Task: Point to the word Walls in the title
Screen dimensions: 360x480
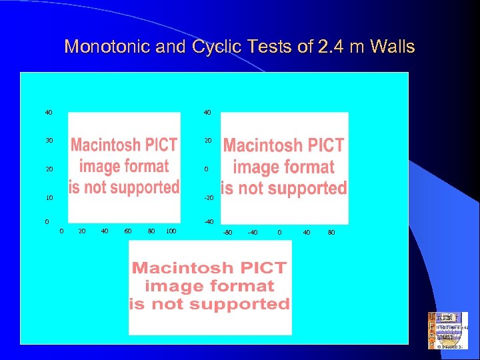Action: (x=392, y=47)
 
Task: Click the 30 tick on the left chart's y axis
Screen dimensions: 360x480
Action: (x=49, y=141)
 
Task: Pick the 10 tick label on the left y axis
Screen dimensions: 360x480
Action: (x=49, y=198)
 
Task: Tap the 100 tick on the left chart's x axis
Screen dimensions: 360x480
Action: (x=171, y=231)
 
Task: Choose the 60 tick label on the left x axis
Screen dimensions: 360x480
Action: (x=128, y=231)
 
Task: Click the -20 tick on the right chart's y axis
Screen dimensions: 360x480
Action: (x=209, y=198)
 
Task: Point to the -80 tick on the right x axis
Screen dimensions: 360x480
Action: (x=227, y=233)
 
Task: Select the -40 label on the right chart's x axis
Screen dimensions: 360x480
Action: (x=253, y=233)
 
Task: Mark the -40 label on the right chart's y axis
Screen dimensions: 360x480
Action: (x=209, y=221)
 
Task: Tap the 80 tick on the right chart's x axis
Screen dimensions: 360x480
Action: (x=331, y=233)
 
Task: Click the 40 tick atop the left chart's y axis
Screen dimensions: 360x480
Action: (x=49, y=112)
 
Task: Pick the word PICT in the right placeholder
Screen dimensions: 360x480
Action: (x=321, y=145)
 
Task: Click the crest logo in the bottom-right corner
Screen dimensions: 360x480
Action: (x=447, y=331)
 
